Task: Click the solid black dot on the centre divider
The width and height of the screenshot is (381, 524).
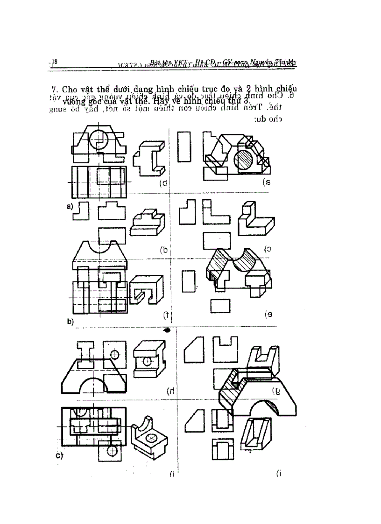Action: (x=168, y=330)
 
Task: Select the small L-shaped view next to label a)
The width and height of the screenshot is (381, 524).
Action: (x=84, y=210)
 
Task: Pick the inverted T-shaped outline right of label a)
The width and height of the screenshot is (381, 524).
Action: (x=112, y=210)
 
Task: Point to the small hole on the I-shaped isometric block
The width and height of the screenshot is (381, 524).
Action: (x=148, y=361)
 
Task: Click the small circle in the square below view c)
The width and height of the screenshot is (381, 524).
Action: (x=112, y=451)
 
